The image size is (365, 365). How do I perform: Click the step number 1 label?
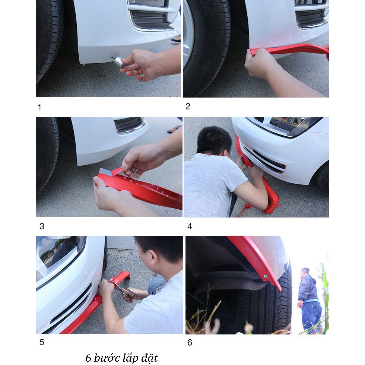pyautogui.click(x=39, y=107)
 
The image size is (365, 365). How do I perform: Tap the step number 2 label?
pyautogui.click(x=188, y=107)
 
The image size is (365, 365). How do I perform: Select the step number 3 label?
pyautogui.click(x=42, y=226)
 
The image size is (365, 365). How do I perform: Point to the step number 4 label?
pyautogui.click(x=190, y=226)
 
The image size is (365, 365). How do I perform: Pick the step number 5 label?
pyautogui.click(x=42, y=342)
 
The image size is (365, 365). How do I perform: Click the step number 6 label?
pyautogui.click(x=190, y=342)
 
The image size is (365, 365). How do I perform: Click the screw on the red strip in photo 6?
pyautogui.click(x=265, y=276)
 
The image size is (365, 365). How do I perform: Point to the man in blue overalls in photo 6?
pyautogui.click(x=310, y=300)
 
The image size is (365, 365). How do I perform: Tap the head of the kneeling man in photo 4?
pyautogui.click(x=214, y=141)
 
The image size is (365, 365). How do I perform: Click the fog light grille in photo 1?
pyautogui.click(x=150, y=20)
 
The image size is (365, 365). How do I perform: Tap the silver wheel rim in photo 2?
pyautogui.click(x=188, y=35)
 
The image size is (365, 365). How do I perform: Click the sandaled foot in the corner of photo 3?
pyautogui.click(x=175, y=129)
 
